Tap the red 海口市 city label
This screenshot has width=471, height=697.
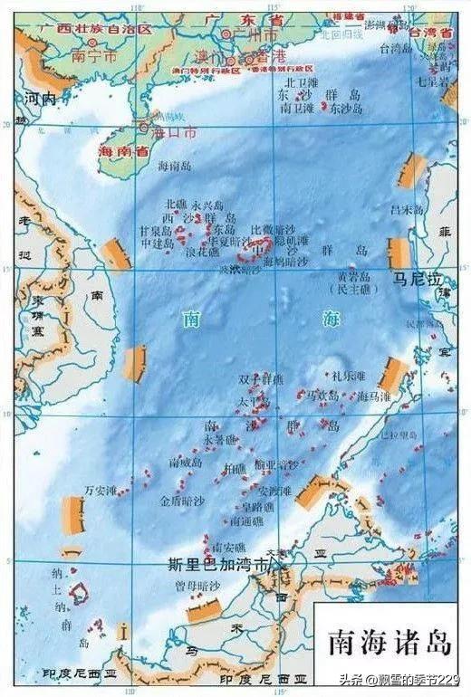click(176, 132)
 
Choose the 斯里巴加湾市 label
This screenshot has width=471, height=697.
click(218, 564)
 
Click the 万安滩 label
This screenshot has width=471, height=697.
click(101, 491)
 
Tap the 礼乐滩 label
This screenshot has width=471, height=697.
click(348, 373)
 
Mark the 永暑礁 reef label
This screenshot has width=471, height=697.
click(219, 440)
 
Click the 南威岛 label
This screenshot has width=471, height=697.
click(186, 463)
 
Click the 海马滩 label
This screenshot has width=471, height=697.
click(375, 396)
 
